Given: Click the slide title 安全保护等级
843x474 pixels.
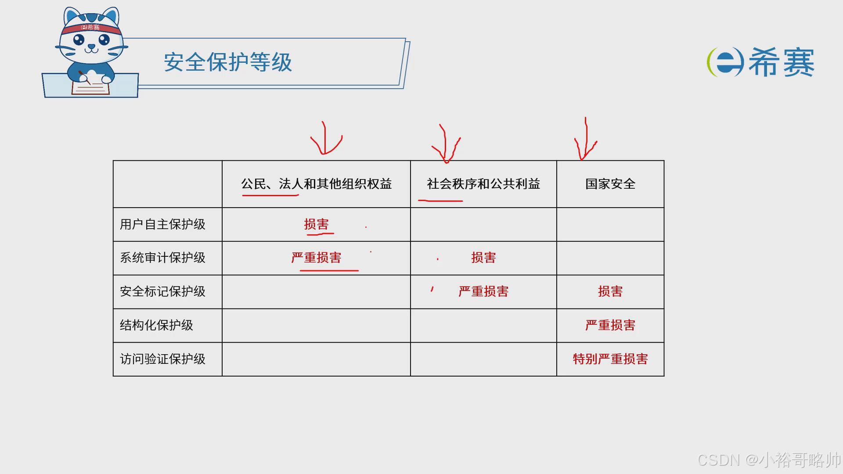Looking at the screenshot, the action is pos(228,62).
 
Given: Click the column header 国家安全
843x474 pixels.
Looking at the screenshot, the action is pos(610,184).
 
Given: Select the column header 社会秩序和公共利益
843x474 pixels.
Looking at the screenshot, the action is pos(483,184).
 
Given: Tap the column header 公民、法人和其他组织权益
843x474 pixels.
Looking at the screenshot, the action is pos(316,184).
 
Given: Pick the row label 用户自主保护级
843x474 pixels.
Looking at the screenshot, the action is pos(162,225).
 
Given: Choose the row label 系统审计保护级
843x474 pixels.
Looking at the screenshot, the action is pos(162,258).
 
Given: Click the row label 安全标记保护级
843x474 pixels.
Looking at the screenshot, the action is pos(162,292).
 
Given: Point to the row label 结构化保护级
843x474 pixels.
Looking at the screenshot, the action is pos(156,326).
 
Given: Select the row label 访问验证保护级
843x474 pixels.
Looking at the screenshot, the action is pos(162,359).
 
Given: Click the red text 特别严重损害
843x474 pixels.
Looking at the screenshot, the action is pos(610,359).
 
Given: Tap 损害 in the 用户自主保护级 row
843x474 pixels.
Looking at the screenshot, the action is pos(316,225).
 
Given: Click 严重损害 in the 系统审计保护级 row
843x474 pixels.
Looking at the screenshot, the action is pos(316,258).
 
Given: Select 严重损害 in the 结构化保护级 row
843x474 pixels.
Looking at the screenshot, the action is pos(610,326).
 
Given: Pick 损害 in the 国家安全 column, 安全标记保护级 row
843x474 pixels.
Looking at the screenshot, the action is pos(610,292).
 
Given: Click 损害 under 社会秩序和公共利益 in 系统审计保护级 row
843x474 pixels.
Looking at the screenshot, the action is pos(483,258).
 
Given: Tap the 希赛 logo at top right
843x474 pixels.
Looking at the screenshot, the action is pos(761,62).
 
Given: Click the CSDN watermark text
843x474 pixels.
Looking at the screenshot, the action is pos(768,460).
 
